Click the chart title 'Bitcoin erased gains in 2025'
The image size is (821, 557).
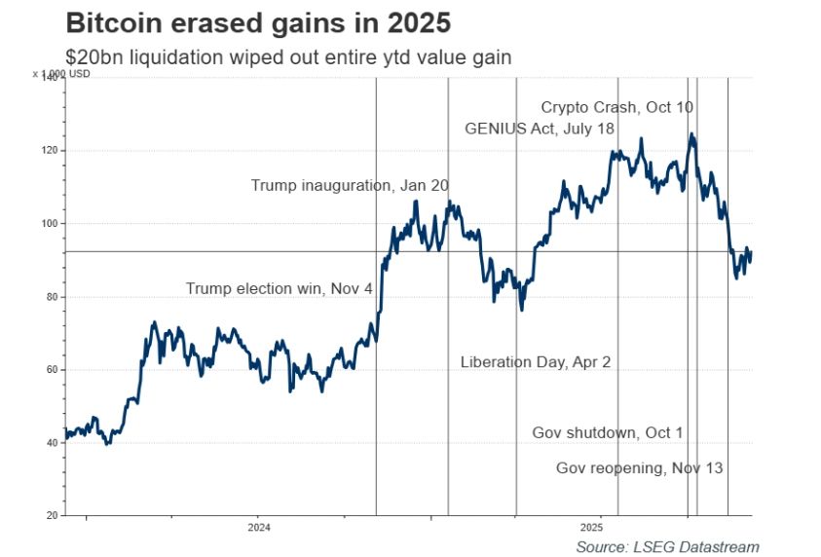click(x=257, y=23)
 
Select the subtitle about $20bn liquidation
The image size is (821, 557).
click(x=288, y=58)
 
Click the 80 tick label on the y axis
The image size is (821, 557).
click(x=50, y=297)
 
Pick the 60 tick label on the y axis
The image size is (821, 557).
click(x=50, y=370)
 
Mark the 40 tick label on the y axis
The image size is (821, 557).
click(x=50, y=442)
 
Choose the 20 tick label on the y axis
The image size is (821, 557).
click(x=50, y=515)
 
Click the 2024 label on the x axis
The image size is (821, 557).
click(x=259, y=528)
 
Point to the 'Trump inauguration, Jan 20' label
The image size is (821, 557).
click(x=350, y=185)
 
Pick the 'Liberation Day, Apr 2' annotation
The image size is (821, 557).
click(x=535, y=362)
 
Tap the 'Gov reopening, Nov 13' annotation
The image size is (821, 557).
click(x=639, y=468)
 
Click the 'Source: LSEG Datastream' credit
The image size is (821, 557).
click(x=667, y=546)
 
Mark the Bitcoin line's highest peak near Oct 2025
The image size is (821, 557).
click(x=691, y=134)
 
